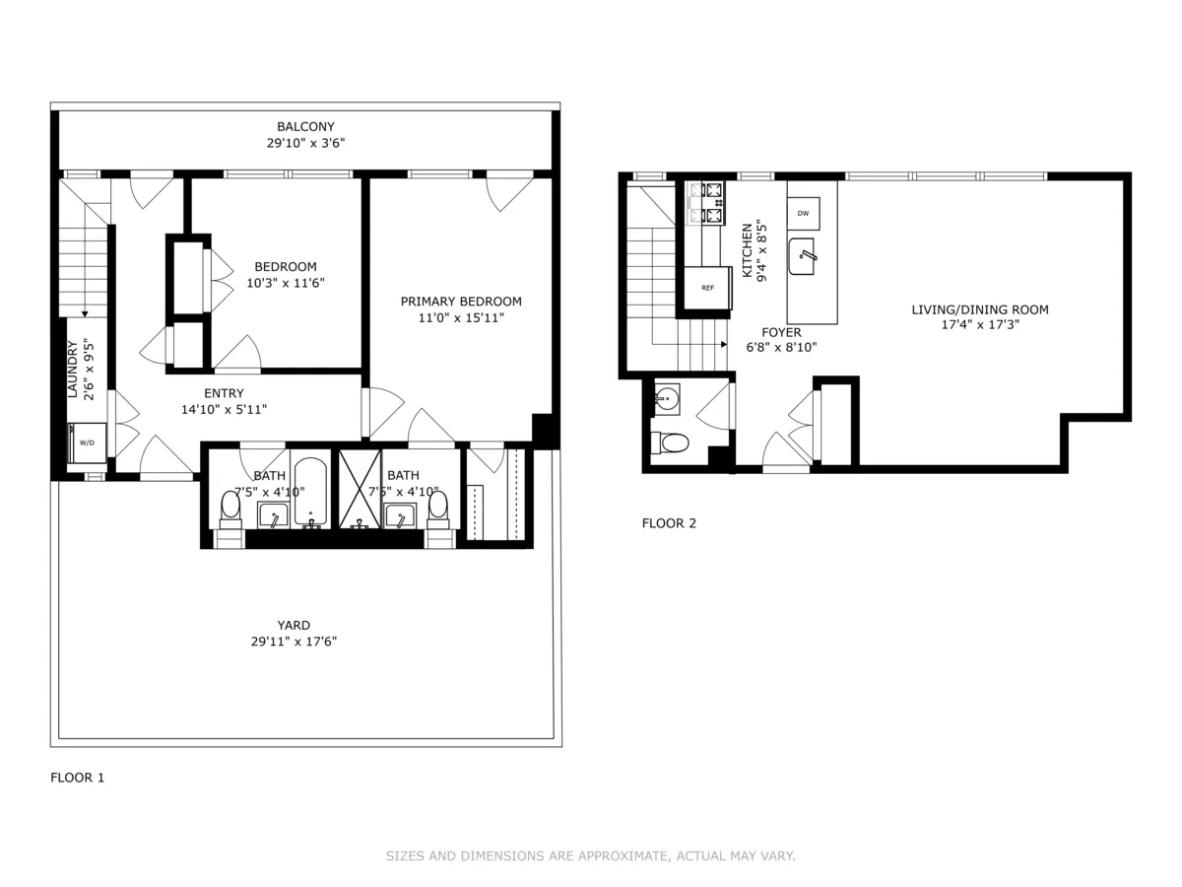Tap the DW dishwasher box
[x=803, y=213]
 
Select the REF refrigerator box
[x=707, y=288]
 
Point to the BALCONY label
[x=305, y=126]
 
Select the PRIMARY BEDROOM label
[x=461, y=302]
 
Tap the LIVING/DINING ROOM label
[x=979, y=309]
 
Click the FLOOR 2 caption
[x=669, y=523]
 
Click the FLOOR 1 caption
[x=77, y=778]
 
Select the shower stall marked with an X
[x=360, y=490]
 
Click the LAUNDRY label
[x=72, y=370]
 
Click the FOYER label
[x=781, y=332]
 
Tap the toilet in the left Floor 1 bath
[x=230, y=508]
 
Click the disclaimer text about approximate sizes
[x=590, y=856]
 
